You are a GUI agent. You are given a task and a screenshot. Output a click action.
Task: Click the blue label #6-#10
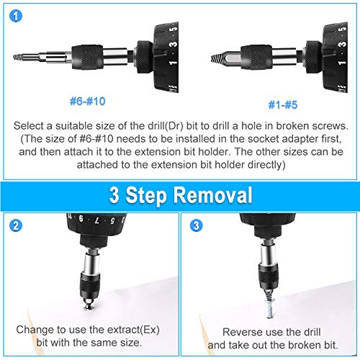click(89, 102)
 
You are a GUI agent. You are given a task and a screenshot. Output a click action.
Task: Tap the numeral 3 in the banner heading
click(117, 195)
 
